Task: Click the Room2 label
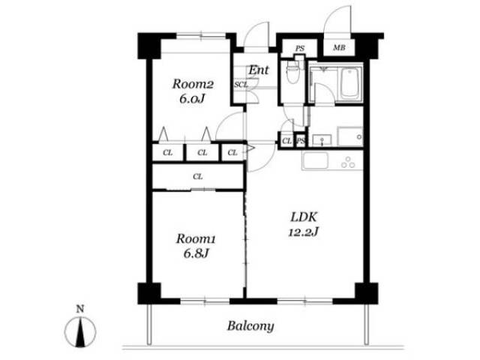click(x=193, y=84)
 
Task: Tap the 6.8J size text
click(x=196, y=253)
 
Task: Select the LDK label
click(x=304, y=217)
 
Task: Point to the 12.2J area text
click(x=303, y=232)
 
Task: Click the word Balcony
click(x=250, y=326)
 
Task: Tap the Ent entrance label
click(x=259, y=70)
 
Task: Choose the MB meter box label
click(x=339, y=48)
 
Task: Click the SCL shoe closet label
click(x=241, y=85)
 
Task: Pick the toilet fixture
click(x=293, y=72)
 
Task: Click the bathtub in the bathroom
click(x=349, y=83)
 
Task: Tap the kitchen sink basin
click(x=315, y=160)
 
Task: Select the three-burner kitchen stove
click(x=348, y=163)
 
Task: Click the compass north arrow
click(x=80, y=332)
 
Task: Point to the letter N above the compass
click(x=80, y=309)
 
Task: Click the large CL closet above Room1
click(x=198, y=177)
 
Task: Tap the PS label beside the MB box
click(x=300, y=48)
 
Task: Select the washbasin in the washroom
click(x=322, y=140)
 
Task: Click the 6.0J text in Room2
click(x=192, y=99)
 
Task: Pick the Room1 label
click(x=196, y=238)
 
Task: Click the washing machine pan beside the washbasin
click(x=350, y=136)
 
